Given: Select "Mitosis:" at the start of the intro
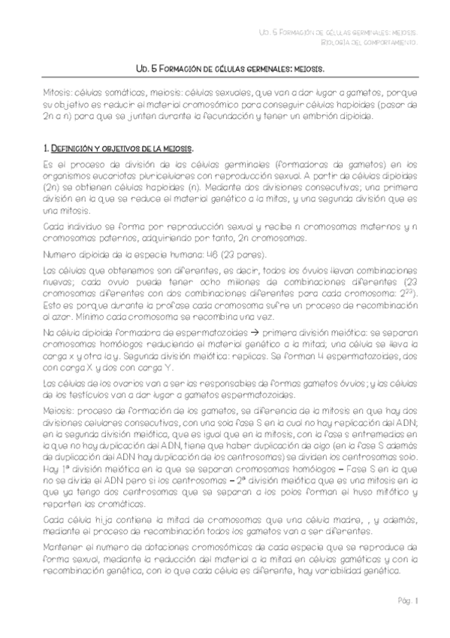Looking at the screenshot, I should click(59, 93).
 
